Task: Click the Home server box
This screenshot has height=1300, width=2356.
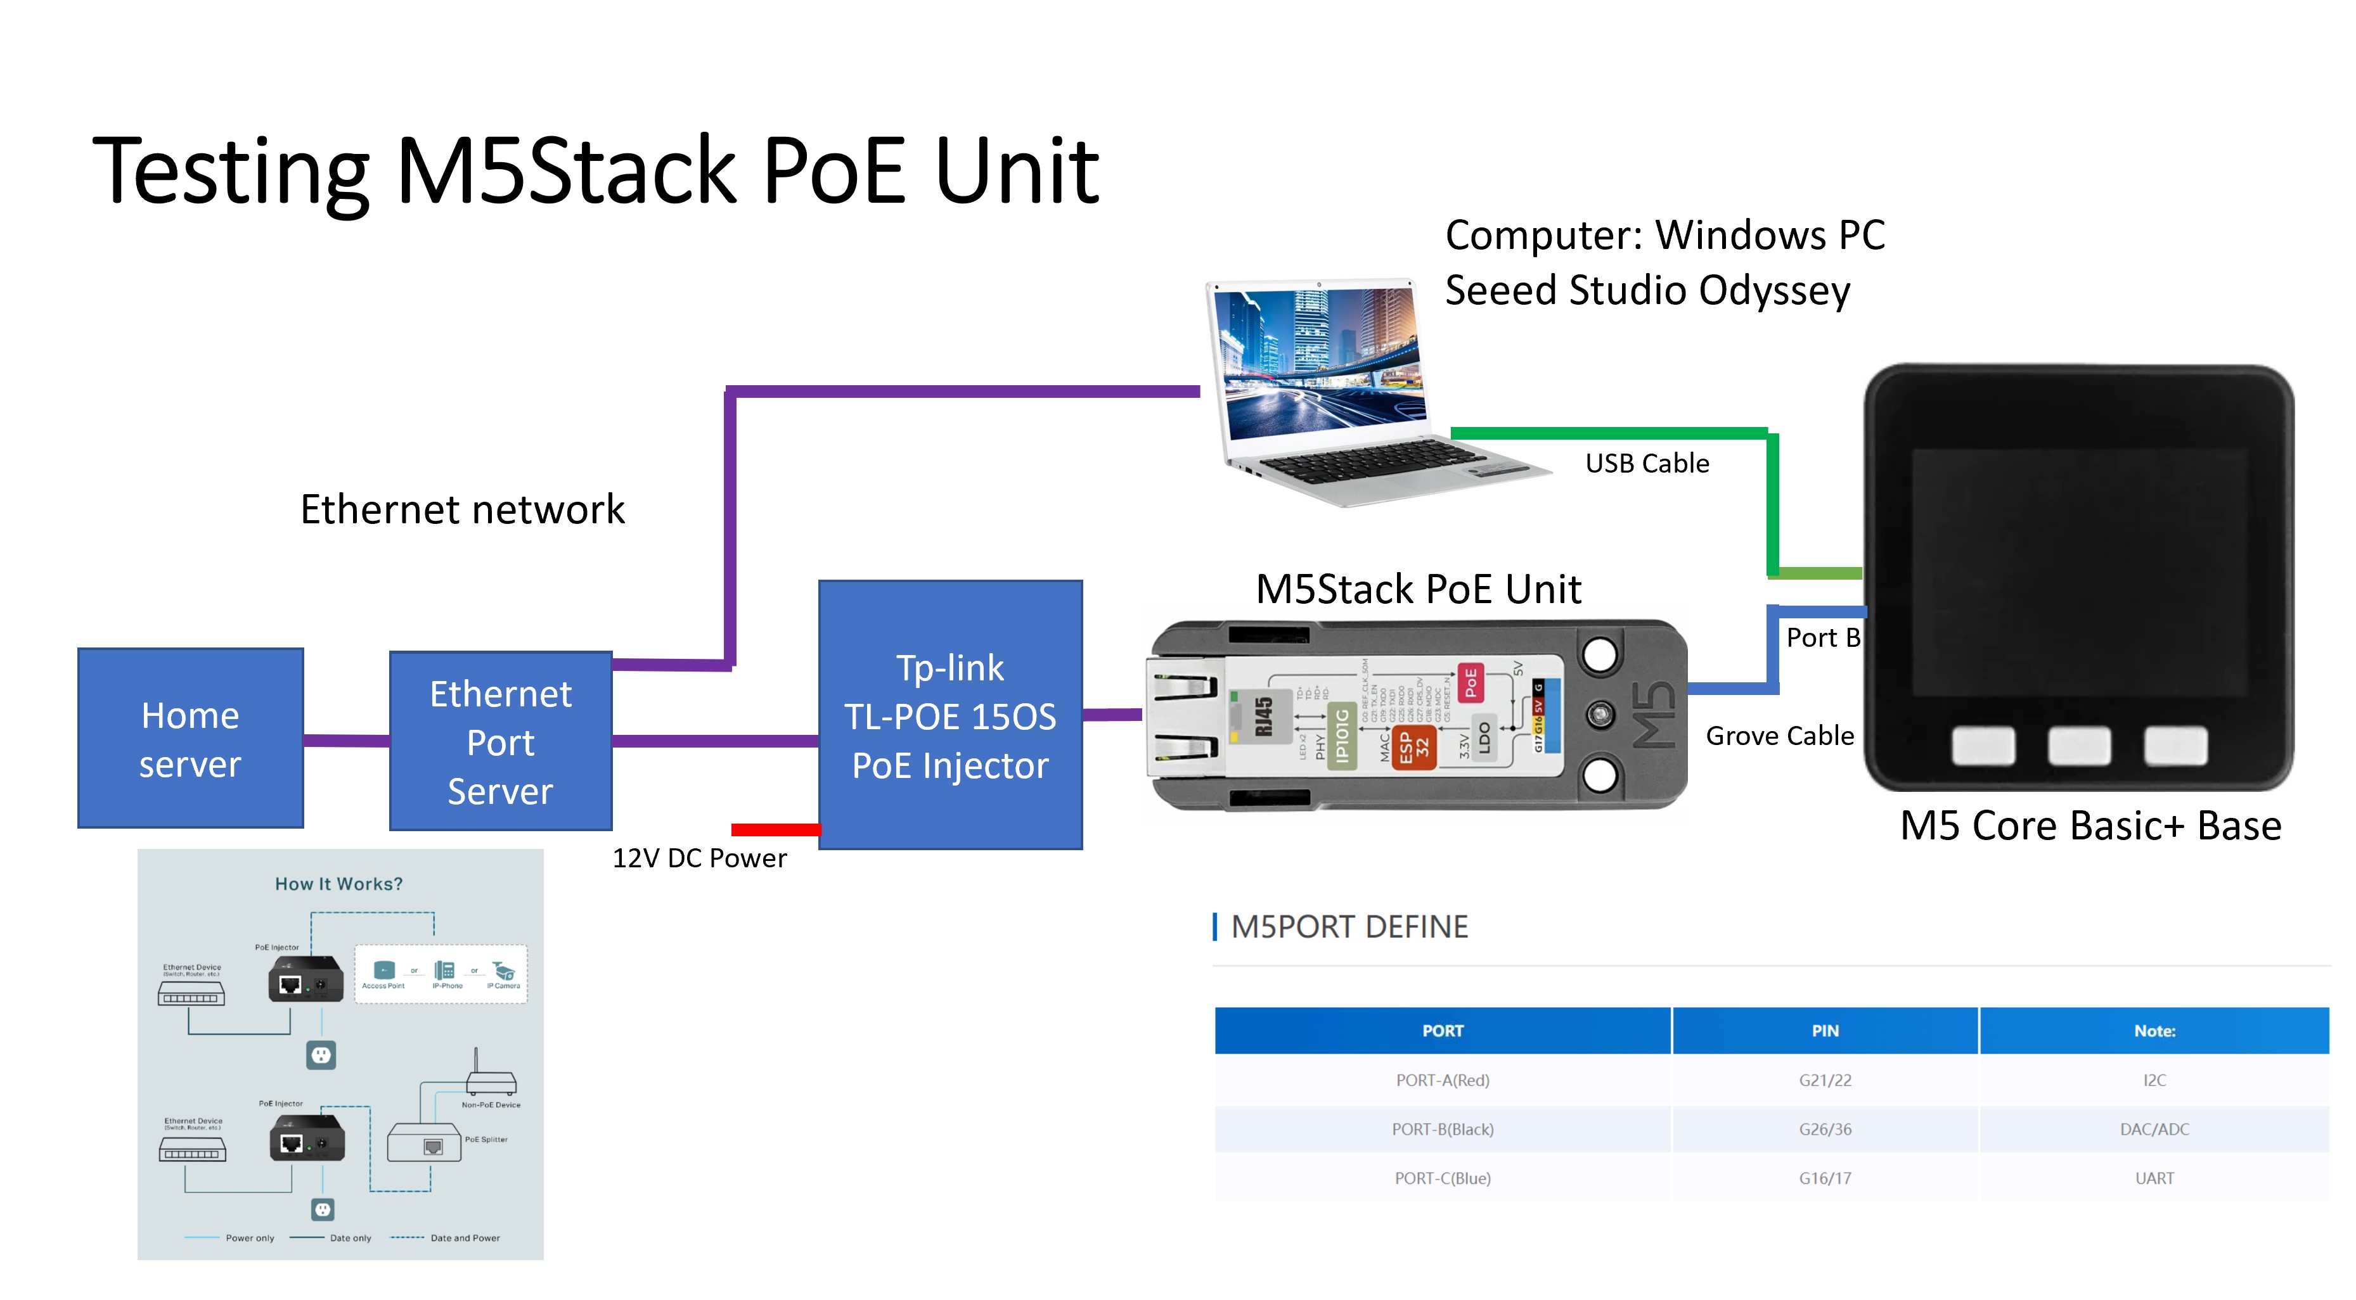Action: tap(190, 739)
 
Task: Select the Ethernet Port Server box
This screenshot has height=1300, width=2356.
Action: tap(500, 741)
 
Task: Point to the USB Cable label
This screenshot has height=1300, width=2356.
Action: tap(1646, 464)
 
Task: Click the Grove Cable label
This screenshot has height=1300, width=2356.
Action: tap(1779, 736)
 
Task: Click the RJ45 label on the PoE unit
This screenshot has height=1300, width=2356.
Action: tap(1264, 716)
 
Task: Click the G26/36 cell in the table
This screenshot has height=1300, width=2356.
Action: tap(1825, 1129)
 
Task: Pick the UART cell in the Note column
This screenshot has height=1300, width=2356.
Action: tap(2154, 1178)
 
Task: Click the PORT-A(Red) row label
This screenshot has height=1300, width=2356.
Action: tap(1443, 1081)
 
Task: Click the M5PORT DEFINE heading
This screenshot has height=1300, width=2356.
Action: tap(1349, 927)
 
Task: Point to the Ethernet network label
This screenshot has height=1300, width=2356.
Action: tap(462, 510)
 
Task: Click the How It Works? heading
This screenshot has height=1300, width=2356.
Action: tap(338, 884)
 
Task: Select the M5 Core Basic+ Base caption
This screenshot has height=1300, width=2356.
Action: tap(2090, 827)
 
